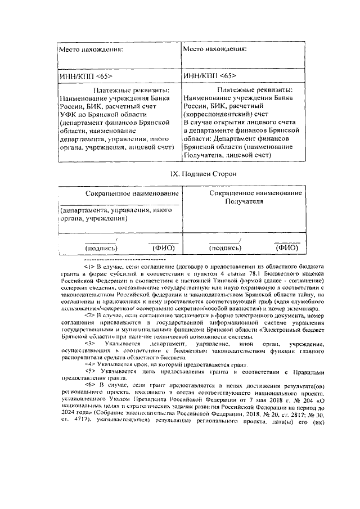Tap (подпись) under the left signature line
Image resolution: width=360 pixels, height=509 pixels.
click(x=101, y=247)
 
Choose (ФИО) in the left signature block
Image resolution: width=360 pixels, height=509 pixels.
click(x=164, y=247)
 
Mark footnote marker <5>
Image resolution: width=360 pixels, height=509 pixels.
click(x=90, y=372)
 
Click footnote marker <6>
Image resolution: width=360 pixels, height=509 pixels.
click(x=90, y=385)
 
